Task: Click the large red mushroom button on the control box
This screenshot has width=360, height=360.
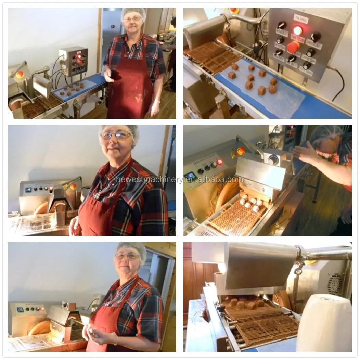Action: click(x=293, y=47)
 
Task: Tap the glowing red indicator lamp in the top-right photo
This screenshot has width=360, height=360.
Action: click(x=297, y=30)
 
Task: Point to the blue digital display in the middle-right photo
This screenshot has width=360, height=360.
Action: click(x=190, y=176)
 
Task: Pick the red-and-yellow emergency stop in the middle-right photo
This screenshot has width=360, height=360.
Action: click(x=241, y=151)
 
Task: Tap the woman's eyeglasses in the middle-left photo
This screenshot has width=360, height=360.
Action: click(x=116, y=136)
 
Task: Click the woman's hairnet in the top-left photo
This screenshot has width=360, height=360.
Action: click(x=133, y=12)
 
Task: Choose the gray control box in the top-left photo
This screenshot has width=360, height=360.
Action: click(x=73, y=62)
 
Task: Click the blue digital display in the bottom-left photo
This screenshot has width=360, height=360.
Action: click(x=20, y=309)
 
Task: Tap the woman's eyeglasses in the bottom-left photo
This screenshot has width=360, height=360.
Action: click(x=127, y=256)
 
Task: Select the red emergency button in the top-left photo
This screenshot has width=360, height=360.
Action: click(x=20, y=74)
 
